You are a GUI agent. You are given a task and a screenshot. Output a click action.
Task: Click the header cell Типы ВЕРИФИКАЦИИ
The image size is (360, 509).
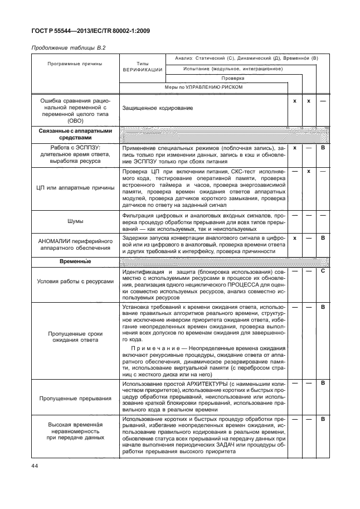142,66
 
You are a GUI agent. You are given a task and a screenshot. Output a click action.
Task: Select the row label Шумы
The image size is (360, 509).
75,221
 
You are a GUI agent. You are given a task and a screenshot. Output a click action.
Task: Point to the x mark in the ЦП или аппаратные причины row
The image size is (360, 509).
308,171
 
